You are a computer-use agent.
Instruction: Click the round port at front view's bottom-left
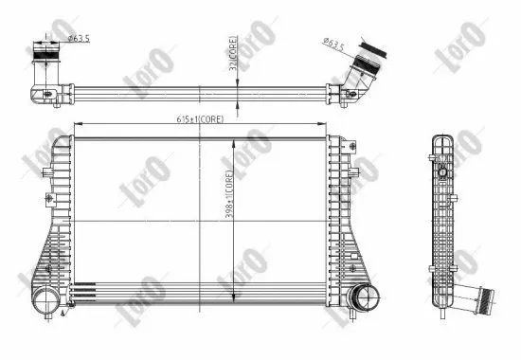46,301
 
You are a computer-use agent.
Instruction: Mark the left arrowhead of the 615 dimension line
78,128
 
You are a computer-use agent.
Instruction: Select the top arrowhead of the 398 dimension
236,139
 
